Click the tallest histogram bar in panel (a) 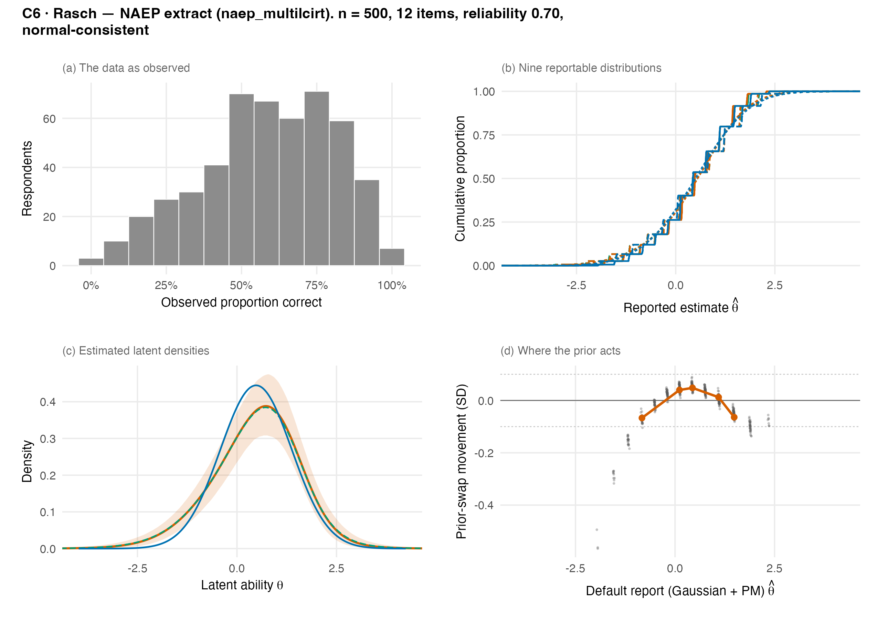[316, 178]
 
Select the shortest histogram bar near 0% [91, 262]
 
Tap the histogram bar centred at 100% [392, 257]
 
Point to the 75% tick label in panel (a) [316, 286]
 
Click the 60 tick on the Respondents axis [49, 119]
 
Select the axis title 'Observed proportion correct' [241, 302]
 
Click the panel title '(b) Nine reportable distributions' [581, 68]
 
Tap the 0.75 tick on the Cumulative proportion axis [484, 135]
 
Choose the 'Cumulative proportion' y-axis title [460, 178]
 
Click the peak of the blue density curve [255, 385]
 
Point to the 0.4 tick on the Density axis [47, 402]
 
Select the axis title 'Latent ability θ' [242, 585]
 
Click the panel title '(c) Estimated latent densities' [136, 351]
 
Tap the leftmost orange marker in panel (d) [642, 418]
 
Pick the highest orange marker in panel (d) [692, 388]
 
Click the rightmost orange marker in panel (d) [734, 417]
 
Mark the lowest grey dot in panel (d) [598, 548]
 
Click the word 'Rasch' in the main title [75, 13]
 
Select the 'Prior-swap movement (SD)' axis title [461, 461]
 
